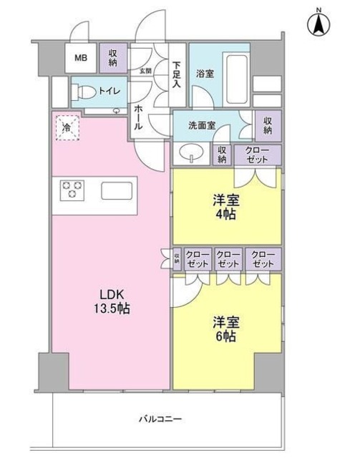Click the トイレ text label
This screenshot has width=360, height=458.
tap(109, 92)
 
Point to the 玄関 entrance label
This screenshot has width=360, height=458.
tap(145, 70)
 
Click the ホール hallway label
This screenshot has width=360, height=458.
tap(138, 115)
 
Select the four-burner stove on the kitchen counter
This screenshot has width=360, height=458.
tap(72, 189)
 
